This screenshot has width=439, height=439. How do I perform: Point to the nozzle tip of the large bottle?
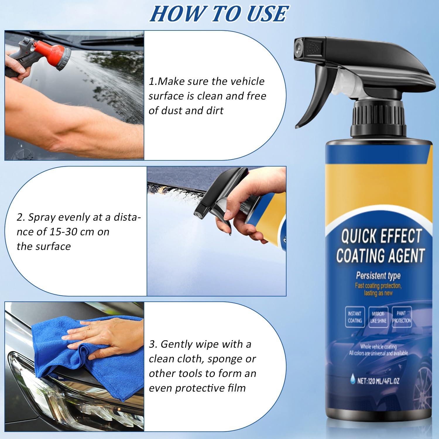[x=299, y=47]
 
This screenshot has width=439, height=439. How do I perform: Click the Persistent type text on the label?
[x=378, y=275]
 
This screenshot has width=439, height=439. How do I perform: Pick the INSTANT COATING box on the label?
[x=355, y=317]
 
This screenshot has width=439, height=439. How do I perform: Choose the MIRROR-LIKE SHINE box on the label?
[x=378, y=317]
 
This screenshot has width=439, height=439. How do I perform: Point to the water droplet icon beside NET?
[x=353, y=381]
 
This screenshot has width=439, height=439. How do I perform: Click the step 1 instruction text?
[x=207, y=96]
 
